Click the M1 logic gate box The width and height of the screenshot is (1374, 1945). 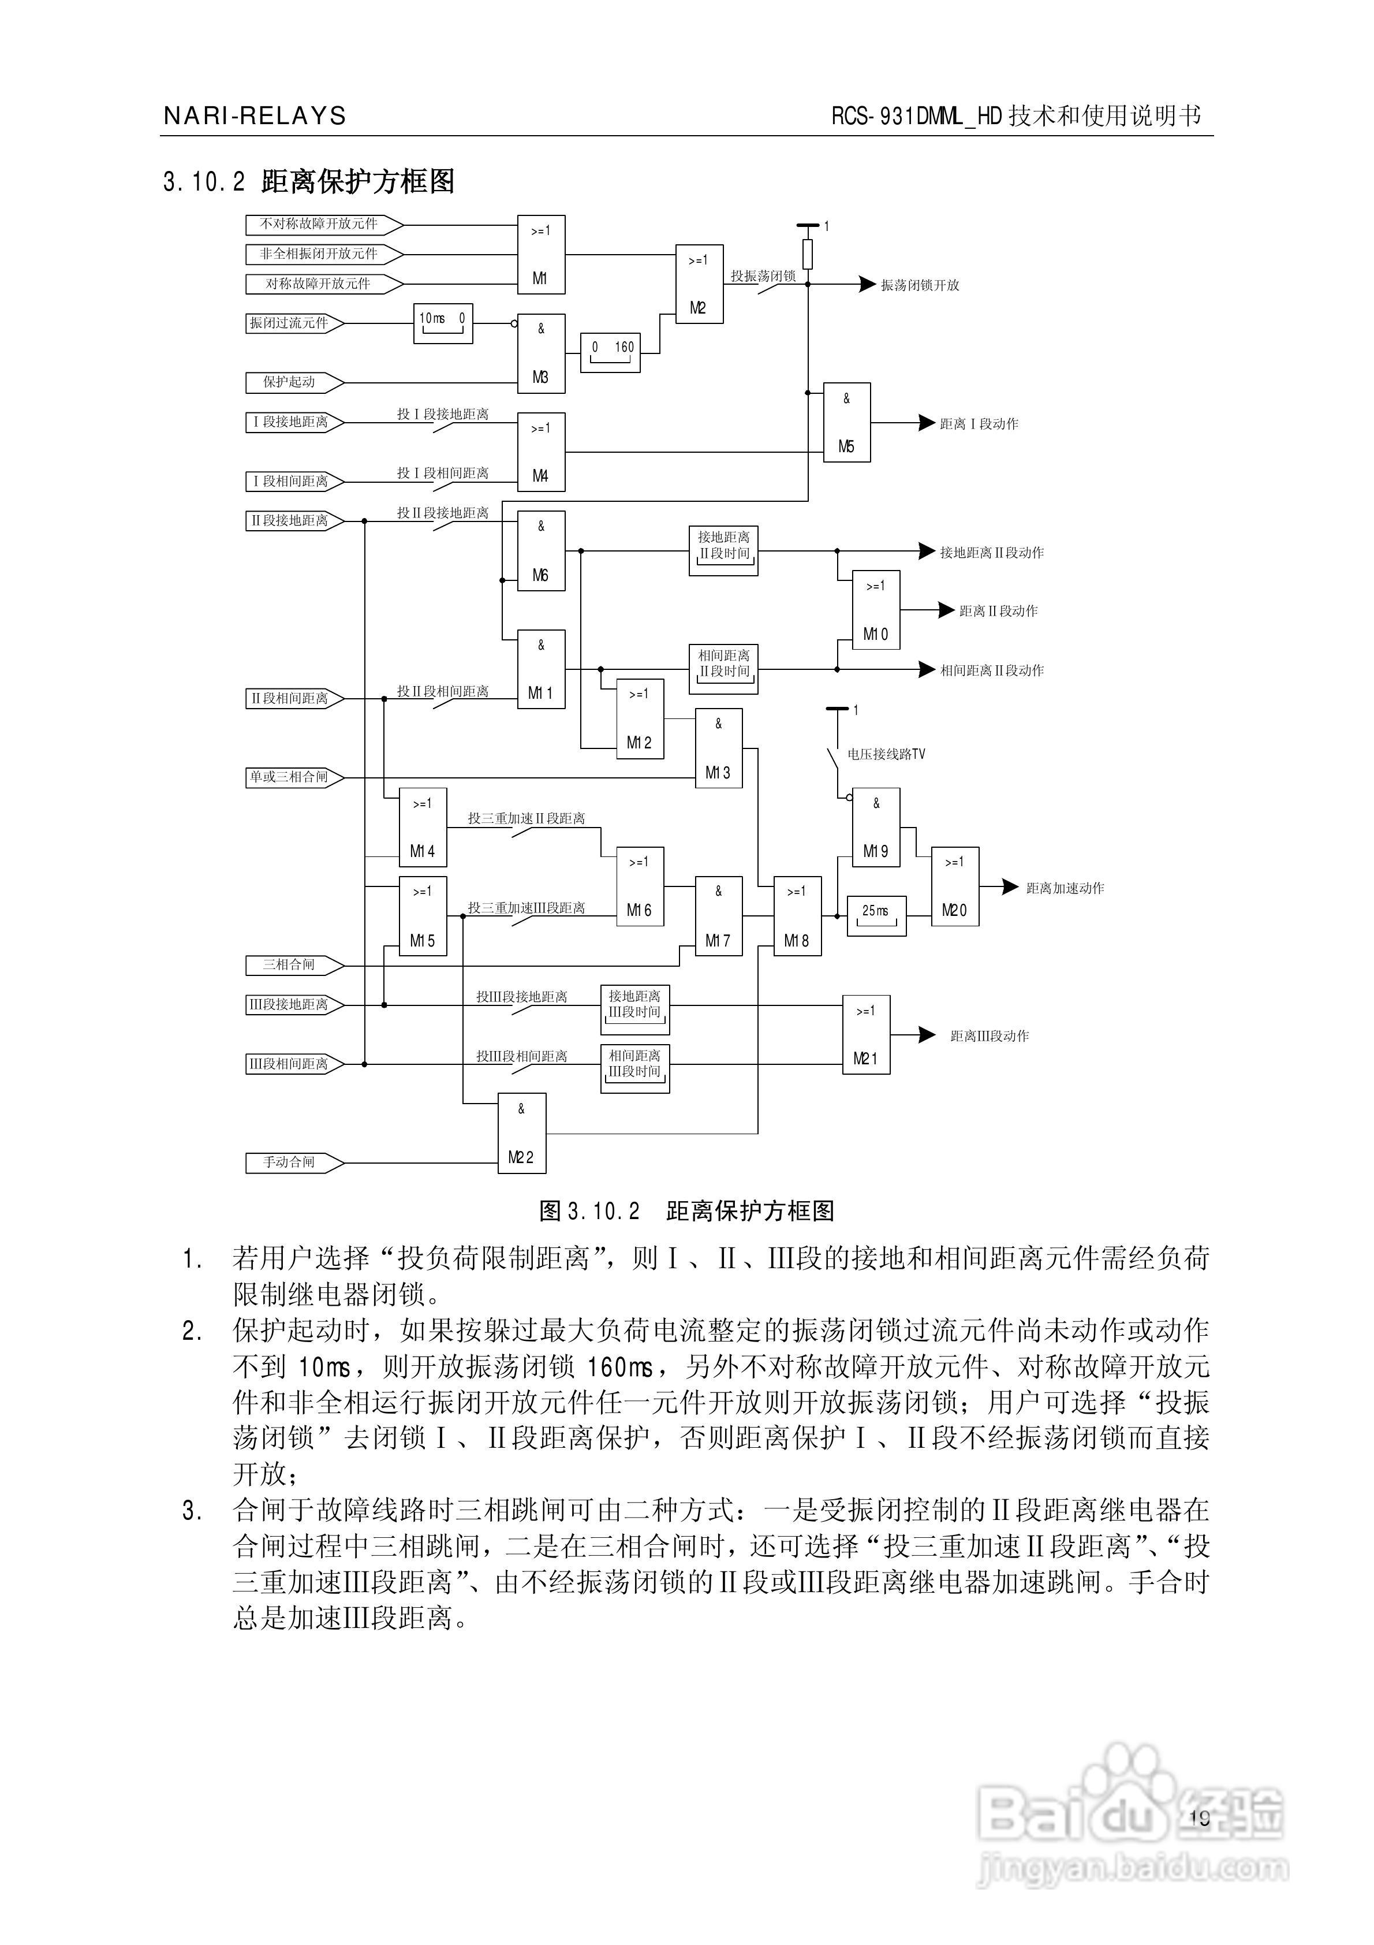[x=540, y=254]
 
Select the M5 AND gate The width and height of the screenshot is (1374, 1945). [x=846, y=422]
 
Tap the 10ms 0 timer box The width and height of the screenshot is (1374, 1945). [x=442, y=323]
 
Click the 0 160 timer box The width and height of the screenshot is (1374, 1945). [x=610, y=352]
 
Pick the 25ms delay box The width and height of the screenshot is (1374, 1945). [x=876, y=915]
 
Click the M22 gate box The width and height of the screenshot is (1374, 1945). [x=521, y=1132]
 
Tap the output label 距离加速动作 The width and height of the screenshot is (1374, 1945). [x=1065, y=888]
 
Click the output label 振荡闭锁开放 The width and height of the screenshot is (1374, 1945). [x=920, y=285]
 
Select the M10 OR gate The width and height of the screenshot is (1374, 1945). [x=875, y=610]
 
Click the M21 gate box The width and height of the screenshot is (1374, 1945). [x=865, y=1034]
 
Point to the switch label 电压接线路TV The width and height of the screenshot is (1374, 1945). [x=886, y=754]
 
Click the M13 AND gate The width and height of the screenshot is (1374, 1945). [x=718, y=748]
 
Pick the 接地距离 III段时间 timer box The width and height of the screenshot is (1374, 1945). [x=634, y=1009]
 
